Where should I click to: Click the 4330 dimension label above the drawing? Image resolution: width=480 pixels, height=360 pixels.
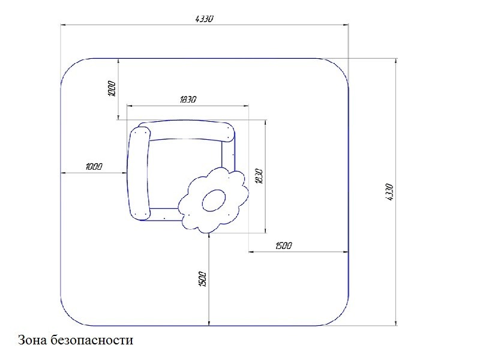pos(204,19)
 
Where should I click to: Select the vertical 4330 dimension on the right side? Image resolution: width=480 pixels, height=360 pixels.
pos(389,192)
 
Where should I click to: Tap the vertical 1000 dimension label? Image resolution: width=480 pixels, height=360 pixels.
pos(112,89)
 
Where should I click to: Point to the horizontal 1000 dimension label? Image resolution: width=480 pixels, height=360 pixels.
pos(94,167)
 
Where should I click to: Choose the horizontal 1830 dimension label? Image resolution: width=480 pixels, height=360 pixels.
pos(188,100)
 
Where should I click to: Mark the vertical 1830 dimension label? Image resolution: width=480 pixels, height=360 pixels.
pos(259,176)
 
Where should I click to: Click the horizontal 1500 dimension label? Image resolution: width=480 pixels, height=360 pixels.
pos(283,245)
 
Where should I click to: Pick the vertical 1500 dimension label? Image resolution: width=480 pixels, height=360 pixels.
pos(203,279)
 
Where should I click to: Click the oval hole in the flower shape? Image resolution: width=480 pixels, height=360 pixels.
pos(214,200)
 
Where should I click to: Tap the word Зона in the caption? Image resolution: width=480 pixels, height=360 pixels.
pos(32,340)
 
